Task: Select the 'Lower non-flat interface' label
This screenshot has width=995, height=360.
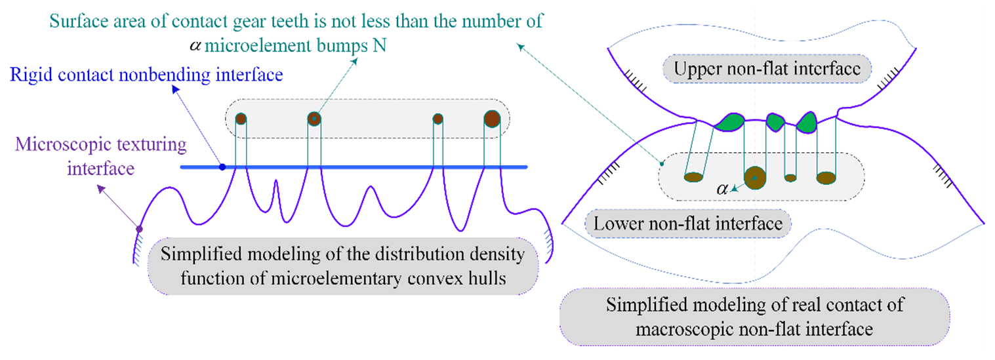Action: point(688,224)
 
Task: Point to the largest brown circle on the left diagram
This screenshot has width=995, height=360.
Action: point(492,119)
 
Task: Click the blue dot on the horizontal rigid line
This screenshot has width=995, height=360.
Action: point(222,167)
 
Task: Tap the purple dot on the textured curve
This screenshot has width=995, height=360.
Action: point(139,229)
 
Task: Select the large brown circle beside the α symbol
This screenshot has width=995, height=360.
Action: point(755,177)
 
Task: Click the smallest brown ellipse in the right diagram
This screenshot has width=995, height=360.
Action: point(790,178)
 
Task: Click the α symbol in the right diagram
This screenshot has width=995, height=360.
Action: point(722,189)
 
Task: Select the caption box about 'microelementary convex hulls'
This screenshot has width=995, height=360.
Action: point(344,266)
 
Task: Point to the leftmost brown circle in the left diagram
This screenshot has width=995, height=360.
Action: point(241,119)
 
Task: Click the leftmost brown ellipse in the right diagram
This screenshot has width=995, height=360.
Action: point(693,176)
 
